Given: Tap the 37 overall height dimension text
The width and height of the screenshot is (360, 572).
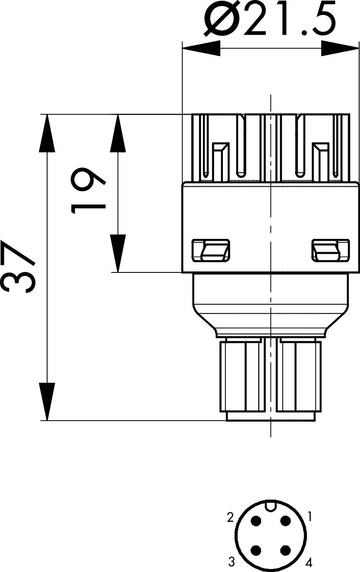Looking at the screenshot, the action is pos(17,266).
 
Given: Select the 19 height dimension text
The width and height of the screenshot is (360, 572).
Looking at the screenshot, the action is pos(88,191).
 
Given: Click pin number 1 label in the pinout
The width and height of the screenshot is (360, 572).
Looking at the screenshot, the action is pos(309,516).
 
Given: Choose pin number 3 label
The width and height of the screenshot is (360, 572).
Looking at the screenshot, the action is pos(231,561).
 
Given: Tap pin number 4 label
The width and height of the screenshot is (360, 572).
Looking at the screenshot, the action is pos(309,562).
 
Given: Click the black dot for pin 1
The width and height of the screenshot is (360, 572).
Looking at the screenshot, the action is pos(286,520).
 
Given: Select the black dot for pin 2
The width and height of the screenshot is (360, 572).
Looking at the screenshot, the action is pos(256,520).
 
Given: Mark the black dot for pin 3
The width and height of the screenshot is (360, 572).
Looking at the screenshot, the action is pos(256,550).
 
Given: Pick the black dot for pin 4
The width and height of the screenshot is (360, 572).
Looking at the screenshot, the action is pos(286,550).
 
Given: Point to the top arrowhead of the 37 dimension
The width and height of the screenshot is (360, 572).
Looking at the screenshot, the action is pos(47,133).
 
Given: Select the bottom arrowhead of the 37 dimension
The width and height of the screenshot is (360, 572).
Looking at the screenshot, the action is pos(47,402).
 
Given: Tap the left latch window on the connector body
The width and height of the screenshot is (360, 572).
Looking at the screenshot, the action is pos(211,250).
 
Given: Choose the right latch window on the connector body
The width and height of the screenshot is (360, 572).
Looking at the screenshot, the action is pos(331,250).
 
